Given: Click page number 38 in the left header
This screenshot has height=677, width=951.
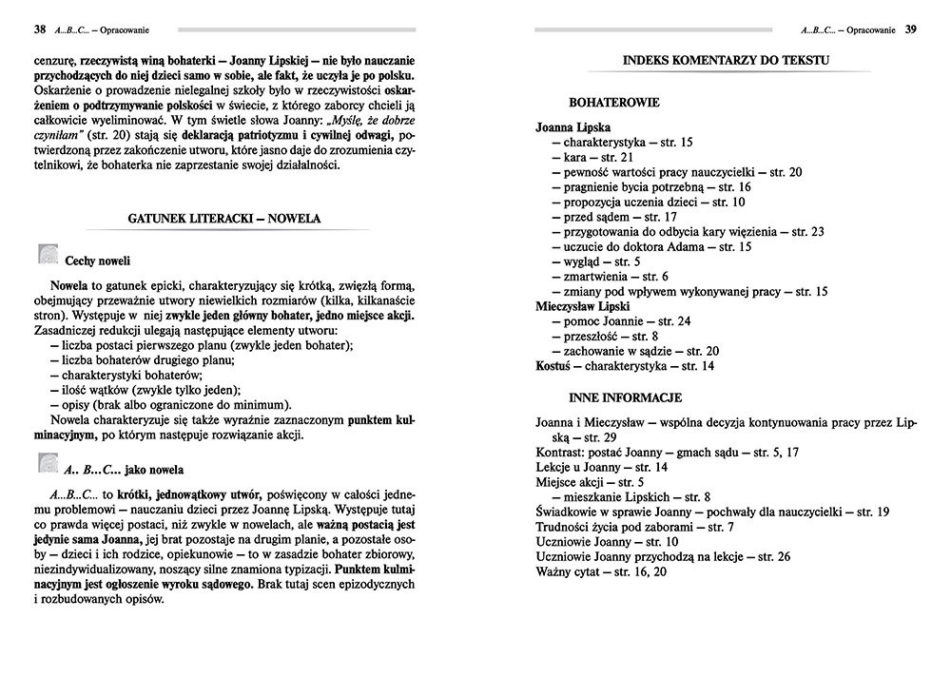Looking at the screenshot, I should click(39, 29).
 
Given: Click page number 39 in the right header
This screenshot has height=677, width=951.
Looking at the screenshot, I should click(910, 29).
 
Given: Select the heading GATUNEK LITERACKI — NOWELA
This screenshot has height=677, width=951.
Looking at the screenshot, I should click(224, 218).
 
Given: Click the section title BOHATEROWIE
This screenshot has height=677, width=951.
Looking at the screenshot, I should click(614, 101).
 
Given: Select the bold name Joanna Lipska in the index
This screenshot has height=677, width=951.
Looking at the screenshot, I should click(573, 126).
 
